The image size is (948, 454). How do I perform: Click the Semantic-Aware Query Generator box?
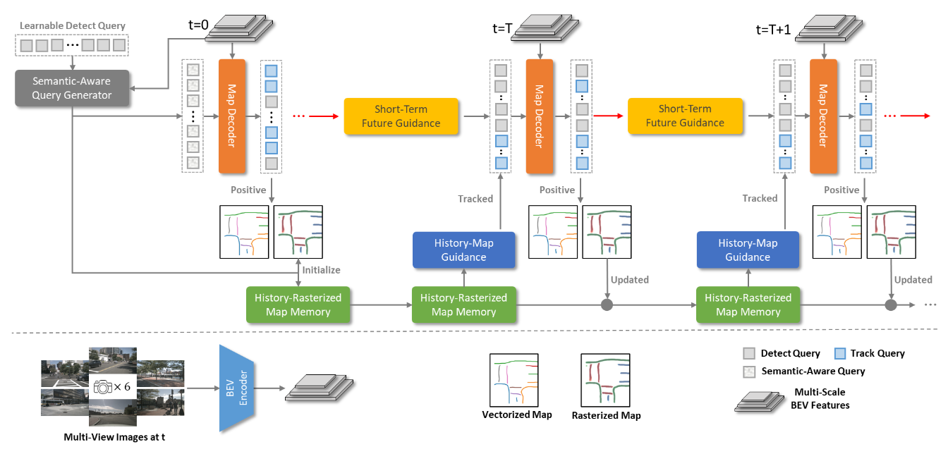[73, 88]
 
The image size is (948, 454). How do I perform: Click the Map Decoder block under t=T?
[539, 116]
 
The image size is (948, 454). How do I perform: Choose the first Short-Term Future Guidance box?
[401, 116]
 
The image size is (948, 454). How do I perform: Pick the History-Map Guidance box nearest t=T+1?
[748, 250]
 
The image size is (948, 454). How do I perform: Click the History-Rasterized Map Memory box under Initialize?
[298, 305]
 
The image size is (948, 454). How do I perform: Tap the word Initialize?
[321, 270]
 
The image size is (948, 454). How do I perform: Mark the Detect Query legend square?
[749, 353]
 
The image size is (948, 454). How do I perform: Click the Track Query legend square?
[839, 353]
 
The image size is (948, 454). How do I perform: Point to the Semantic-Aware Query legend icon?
[749, 371]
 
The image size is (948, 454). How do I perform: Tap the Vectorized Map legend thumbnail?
[515, 379]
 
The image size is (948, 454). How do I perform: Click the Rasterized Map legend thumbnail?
[604, 379]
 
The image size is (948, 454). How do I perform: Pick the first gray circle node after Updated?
[606, 305]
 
